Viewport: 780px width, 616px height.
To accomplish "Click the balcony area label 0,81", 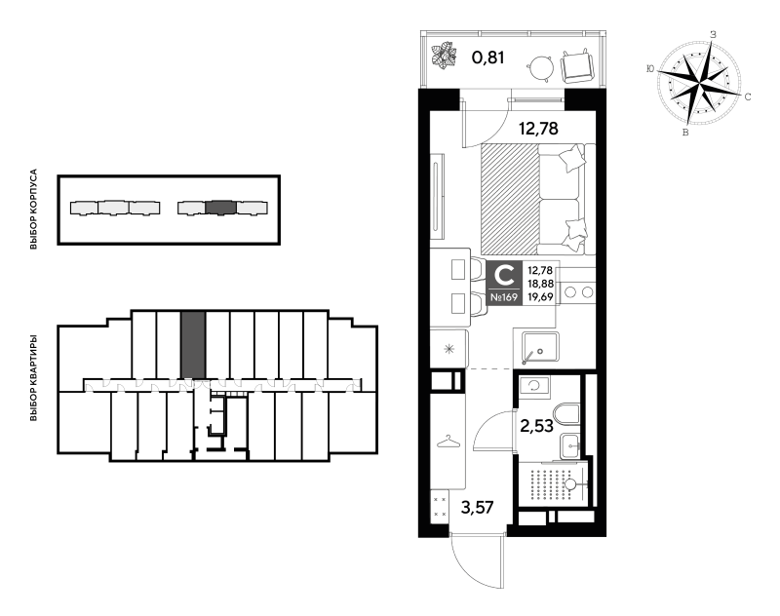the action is pyautogui.click(x=488, y=58).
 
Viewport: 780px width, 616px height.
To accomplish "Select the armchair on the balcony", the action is pyautogui.click(x=577, y=65).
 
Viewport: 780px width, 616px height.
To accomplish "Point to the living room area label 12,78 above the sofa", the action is pyautogui.click(x=538, y=129).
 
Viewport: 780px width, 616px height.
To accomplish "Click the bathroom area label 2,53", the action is pyautogui.click(x=536, y=426).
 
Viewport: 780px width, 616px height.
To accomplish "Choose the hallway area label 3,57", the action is pyautogui.click(x=477, y=508).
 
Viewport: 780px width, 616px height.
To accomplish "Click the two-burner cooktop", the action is pyautogui.click(x=578, y=292).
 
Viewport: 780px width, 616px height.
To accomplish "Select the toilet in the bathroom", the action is pyautogui.click(x=566, y=414).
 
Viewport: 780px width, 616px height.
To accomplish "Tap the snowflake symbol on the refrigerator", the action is pyautogui.click(x=448, y=349).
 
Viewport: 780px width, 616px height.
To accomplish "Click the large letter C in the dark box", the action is pyautogui.click(x=505, y=275).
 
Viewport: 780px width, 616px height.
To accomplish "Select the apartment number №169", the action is pyautogui.click(x=504, y=297).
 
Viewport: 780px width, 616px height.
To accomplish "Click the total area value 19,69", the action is pyautogui.click(x=540, y=297).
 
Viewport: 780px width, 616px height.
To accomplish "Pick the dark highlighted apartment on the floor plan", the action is pyautogui.click(x=193, y=344).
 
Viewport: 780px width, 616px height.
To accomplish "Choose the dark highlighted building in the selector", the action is pyautogui.click(x=221, y=208).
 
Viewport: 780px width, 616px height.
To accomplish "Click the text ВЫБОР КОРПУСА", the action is pyautogui.click(x=34, y=210).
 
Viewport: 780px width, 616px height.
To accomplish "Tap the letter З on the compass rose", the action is pyautogui.click(x=713, y=35).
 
